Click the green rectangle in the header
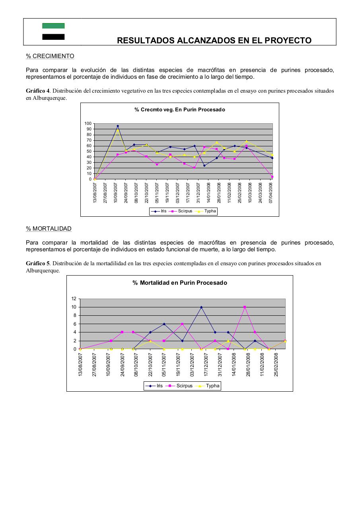point(53,26)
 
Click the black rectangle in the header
point(53,37)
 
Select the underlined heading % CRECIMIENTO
point(50,56)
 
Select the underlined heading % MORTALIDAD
point(49,229)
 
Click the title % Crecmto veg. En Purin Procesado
point(179,109)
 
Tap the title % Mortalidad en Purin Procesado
point(179,283)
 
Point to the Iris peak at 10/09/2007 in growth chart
point(117,126)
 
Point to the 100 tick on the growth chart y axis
point(88,124)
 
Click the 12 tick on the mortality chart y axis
point(74,299)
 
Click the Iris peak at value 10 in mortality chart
point(201,307)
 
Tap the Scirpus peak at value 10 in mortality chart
point(245,307)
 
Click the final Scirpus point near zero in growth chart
point(272,177)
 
